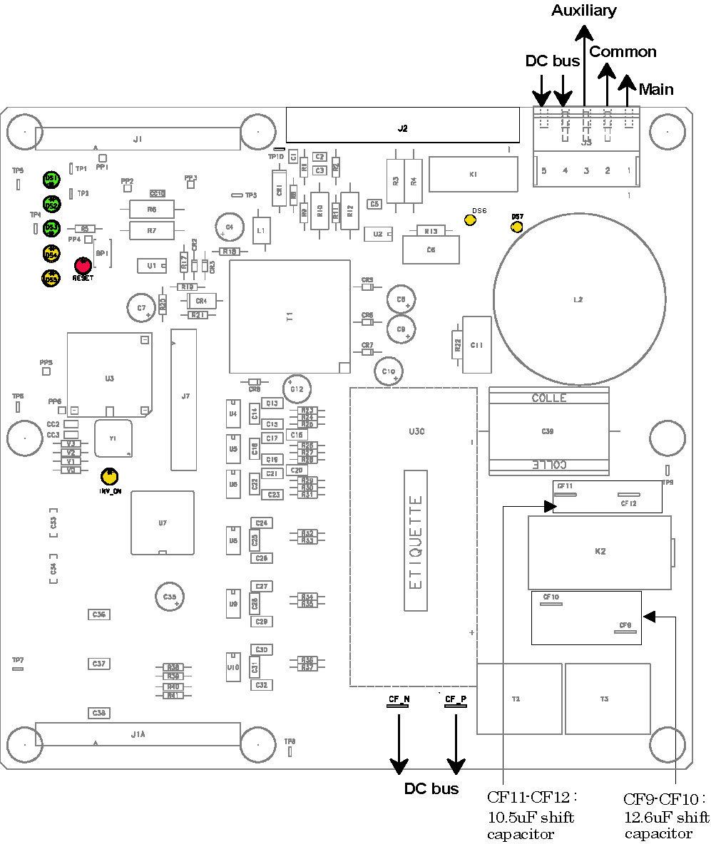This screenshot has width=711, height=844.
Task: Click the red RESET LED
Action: [83, 264]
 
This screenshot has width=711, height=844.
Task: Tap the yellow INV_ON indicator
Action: [109, 476]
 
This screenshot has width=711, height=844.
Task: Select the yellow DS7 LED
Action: [517, 227]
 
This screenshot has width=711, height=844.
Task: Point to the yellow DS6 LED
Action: [470, 220]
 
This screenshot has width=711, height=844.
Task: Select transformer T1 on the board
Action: [290, 316]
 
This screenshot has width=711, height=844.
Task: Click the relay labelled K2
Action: [599, 552]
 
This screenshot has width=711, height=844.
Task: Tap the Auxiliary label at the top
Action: [585, 11]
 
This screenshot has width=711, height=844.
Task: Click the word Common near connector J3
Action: [623, 52]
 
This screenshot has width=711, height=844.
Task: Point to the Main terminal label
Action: [655, 90]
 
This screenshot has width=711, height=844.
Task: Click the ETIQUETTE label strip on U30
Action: [416, 540]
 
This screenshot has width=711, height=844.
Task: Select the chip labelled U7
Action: [163, 523]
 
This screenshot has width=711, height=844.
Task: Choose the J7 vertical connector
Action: [184, 399]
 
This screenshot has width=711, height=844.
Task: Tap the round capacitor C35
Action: [170, 596]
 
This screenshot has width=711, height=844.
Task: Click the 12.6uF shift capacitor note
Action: [666, 815]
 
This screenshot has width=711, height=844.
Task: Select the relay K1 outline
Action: [474, 174]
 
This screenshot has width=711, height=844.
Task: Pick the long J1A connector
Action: [138, 734]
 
